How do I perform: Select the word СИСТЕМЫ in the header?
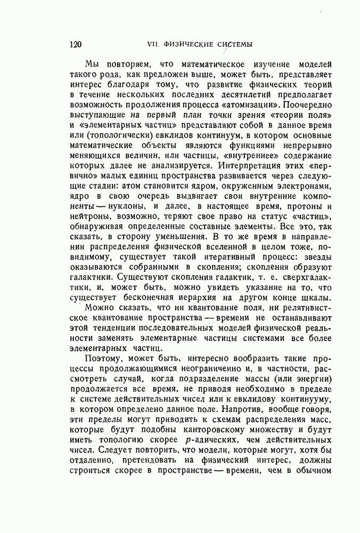(x=231, y=44)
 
